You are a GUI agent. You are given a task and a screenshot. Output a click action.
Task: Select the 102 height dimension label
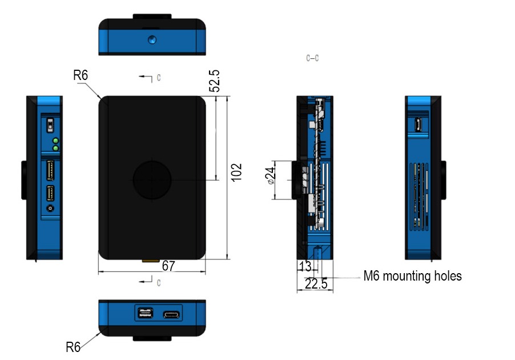(x=236, y=172)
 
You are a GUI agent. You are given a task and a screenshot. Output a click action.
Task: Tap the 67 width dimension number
(x=168, y=266)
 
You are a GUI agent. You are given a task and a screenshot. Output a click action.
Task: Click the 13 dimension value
(x=305, y=267)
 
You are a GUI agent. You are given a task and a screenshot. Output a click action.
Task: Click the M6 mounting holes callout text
(x=412, y=277)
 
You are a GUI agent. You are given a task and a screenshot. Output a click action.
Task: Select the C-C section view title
(x=312, y=58)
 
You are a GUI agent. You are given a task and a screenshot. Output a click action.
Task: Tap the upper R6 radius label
(x=81, y=75)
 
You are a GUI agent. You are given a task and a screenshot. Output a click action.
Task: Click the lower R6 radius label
(x=73, y=347)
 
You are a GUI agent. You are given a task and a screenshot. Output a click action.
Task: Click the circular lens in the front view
(x=152, y=179)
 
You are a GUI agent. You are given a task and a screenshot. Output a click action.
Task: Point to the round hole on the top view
(x=152, y=40)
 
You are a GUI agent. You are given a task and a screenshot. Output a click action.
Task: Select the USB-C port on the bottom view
(x=171, y=314)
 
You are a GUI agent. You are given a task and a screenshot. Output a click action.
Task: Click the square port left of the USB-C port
(x=144, y=314)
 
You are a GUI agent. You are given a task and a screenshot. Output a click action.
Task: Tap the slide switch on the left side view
(x=50, y=124)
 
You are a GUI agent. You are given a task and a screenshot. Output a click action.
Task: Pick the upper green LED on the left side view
(x=55, y=141)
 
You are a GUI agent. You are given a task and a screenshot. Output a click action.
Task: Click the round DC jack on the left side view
(x=51, y=209)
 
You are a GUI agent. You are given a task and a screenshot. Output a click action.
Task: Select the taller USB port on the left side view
(x=50, y=170)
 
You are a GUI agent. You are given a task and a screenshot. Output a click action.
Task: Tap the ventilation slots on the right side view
(x=419, y=194)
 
